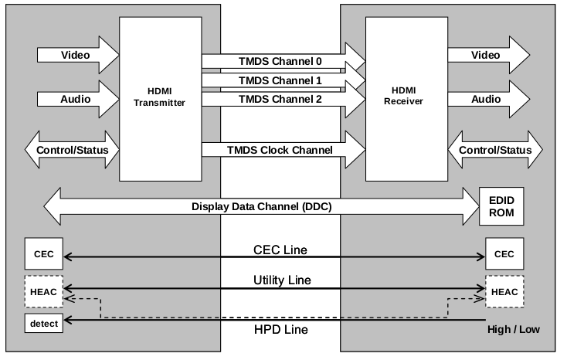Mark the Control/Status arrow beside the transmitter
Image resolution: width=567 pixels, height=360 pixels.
point(73,149)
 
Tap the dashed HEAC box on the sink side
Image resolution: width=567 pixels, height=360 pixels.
point(504,290)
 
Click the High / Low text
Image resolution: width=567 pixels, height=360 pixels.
point(513,330)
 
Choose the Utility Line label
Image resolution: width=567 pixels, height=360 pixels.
point(281,278)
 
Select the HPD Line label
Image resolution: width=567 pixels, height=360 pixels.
point(281,330)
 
